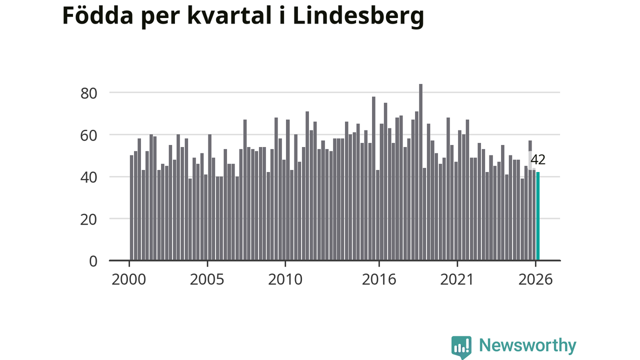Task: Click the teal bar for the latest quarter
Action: coord(537,216)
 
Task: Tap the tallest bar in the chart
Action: coord(420,172)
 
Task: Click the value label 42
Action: coord(538,159)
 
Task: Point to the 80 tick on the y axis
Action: coord(89,93)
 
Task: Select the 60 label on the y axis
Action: coord(89,135)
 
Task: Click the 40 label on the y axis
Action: coord(89,177)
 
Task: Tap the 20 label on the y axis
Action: coord(89,219)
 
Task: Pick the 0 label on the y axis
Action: coord(93,261)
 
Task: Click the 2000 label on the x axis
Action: coord(128,279)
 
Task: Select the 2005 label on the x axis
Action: coord(207,279)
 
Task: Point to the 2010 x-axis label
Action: coord(285,279)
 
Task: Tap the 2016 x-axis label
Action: coord(379,279)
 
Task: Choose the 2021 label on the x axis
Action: coord(457,279)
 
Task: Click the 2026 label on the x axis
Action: coord(535,279)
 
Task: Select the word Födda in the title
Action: coord(97,15)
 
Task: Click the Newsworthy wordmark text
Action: coord(527,345)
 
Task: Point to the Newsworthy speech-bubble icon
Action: coord(461,347)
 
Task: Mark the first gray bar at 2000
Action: coord(131,207)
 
